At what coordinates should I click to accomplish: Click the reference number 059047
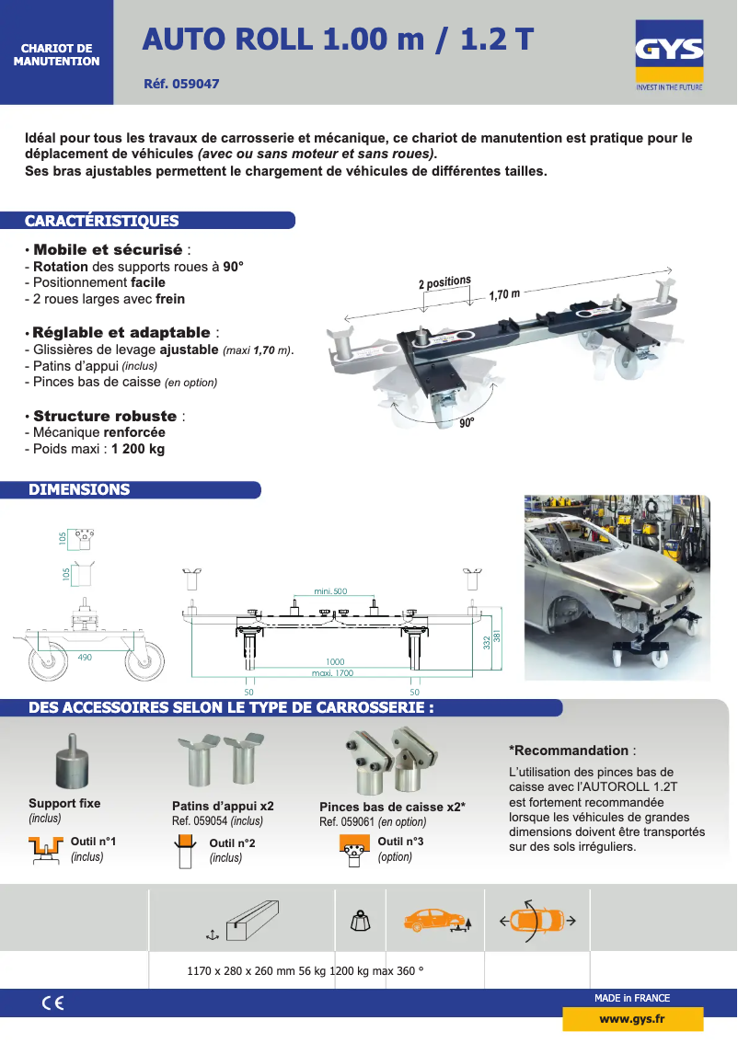click(x=196, y=84)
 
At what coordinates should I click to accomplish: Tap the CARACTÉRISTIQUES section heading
click(x=102, y=221)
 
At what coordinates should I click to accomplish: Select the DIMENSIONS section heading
click(x=79, y=489)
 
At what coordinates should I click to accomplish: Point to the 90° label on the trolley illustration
click(x=467, y=422)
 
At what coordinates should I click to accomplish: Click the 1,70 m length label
click(x=504, y=294)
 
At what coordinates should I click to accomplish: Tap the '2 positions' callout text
click(x=444, y=282)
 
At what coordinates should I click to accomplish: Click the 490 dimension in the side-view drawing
click(x=85, y=658)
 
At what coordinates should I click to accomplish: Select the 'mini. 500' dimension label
click(x=330, y=590)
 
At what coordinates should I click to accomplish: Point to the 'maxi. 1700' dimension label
click(x=332, y=672)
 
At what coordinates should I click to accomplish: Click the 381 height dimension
click(x=496, y=636)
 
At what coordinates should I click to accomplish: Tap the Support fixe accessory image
click(x=71, y=761)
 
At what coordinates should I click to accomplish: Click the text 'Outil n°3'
click(x=400, y=842)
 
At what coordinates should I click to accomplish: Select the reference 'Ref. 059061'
click(x=347, y=821)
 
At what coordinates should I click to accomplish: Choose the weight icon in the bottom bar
click(x=361, y=922)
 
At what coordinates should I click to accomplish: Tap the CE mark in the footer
click(x=53, y=1003)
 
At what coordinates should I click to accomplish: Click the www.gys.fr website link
click(x=632, y=1019)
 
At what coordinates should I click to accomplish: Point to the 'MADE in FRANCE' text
click(x=632, y=998)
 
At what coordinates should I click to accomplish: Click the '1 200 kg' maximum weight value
click(x=138, y=449)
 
